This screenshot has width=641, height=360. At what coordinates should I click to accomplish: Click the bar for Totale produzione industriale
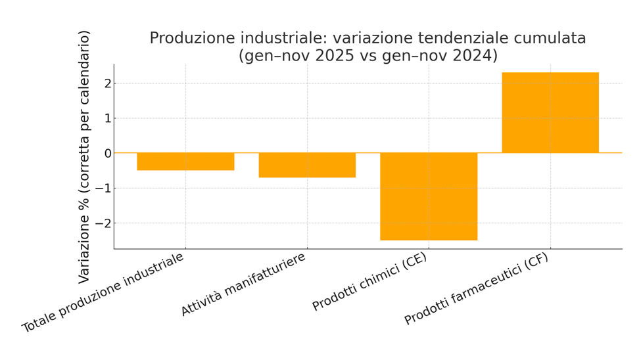pyautogui.click(x=185, y=162)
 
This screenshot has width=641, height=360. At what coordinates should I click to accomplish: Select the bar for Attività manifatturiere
pyautogui.click(x=307, y=166)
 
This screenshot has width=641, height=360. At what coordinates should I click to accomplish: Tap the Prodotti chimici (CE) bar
pyautogui.click(x=429, y=196)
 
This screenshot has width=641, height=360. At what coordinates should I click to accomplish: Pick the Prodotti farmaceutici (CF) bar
pyautogui.click(x=550, y=113)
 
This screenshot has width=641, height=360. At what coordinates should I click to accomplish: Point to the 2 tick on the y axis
pyautogui.click(x=107, y=83)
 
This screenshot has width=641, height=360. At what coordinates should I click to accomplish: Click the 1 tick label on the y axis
pyautogui.click(x=107, y=118)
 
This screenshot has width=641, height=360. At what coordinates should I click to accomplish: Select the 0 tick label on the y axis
pyautogui.click(x=107, y=153)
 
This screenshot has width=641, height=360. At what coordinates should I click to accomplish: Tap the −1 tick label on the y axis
pyautogui.click(x=103, y=189)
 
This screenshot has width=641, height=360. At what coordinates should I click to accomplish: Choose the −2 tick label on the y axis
pyautogui.click(x=103, y=223)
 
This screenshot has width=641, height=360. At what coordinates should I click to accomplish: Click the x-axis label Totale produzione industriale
pyautogui.click(x=103, y=292)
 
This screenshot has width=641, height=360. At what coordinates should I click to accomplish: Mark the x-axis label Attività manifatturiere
pyautogui.click(x=244, y=284)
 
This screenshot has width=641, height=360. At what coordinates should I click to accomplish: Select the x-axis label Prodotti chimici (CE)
pyautogui.click(x=369, y=282)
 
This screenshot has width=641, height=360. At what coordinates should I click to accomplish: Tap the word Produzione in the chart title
pyautogui.click(x=188, y=39)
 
